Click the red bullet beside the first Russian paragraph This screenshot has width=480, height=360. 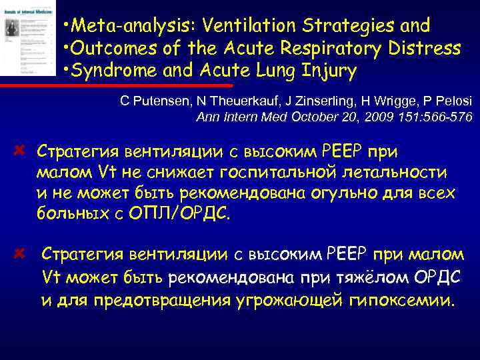click(20, 149)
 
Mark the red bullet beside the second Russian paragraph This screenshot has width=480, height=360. click(20, 253)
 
